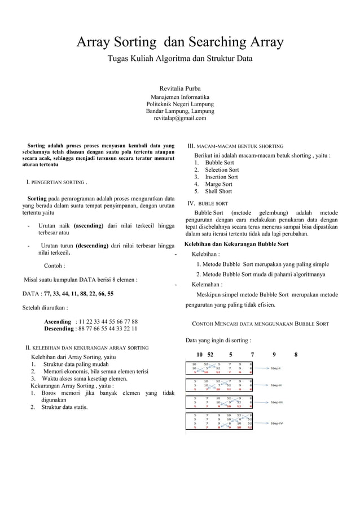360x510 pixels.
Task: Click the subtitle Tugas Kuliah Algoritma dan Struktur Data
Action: [180, 59]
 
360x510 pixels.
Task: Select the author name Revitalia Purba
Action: [180, 89]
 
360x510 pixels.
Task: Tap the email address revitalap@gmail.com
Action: [180, 118]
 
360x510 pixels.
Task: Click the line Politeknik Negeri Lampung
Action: [180, 104]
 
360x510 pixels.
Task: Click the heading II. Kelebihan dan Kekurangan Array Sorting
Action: [88, 347]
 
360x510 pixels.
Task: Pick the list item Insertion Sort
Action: [221, 177]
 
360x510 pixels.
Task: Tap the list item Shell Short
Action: [218, 191]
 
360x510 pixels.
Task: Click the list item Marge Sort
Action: [218, 184]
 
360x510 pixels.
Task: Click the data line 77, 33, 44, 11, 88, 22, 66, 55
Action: [79, 294]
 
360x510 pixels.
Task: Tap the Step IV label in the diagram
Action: [276, 423]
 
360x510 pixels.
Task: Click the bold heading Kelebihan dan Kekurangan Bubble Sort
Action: [236, 245]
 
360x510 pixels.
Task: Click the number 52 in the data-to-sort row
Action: [210, 355]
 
